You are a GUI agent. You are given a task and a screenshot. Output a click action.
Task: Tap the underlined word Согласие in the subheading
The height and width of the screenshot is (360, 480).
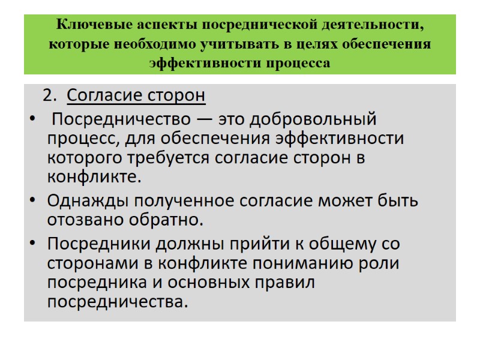pyautogui.click(x=100, y=96)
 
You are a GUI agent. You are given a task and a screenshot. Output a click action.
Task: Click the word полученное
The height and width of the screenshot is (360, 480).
pyautogui.click(x=180, y=200)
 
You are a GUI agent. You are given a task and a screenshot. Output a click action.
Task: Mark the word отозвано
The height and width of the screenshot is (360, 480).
pyautogui.click(x=85, y=220)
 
